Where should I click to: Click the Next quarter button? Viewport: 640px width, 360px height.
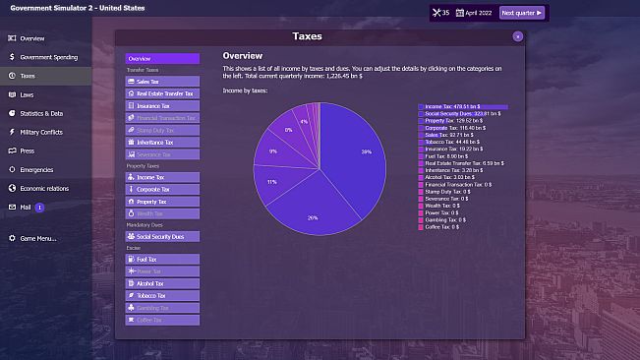[x=522, y=13]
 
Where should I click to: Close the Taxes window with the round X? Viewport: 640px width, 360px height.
[x=517, y=36]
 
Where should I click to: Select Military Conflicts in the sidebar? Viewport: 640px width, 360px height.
[x=41, y=132]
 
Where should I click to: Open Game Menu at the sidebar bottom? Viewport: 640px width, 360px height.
[x=38, y=238]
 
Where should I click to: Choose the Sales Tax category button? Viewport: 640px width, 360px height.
[x=162, y=82]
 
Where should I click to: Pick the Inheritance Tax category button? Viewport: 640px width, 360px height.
[x=162, y=143]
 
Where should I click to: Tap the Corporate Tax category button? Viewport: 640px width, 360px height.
[x=162, y=189]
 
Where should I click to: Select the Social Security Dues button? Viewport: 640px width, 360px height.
[x=162, y=237]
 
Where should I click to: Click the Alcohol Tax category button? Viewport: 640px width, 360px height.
[x=162, y=283]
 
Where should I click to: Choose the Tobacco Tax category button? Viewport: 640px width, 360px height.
[x=162, y=295]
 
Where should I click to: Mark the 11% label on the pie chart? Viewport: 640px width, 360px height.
[x=272, y=182]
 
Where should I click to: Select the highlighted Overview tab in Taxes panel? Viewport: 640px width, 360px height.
[x=162, y=59]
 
